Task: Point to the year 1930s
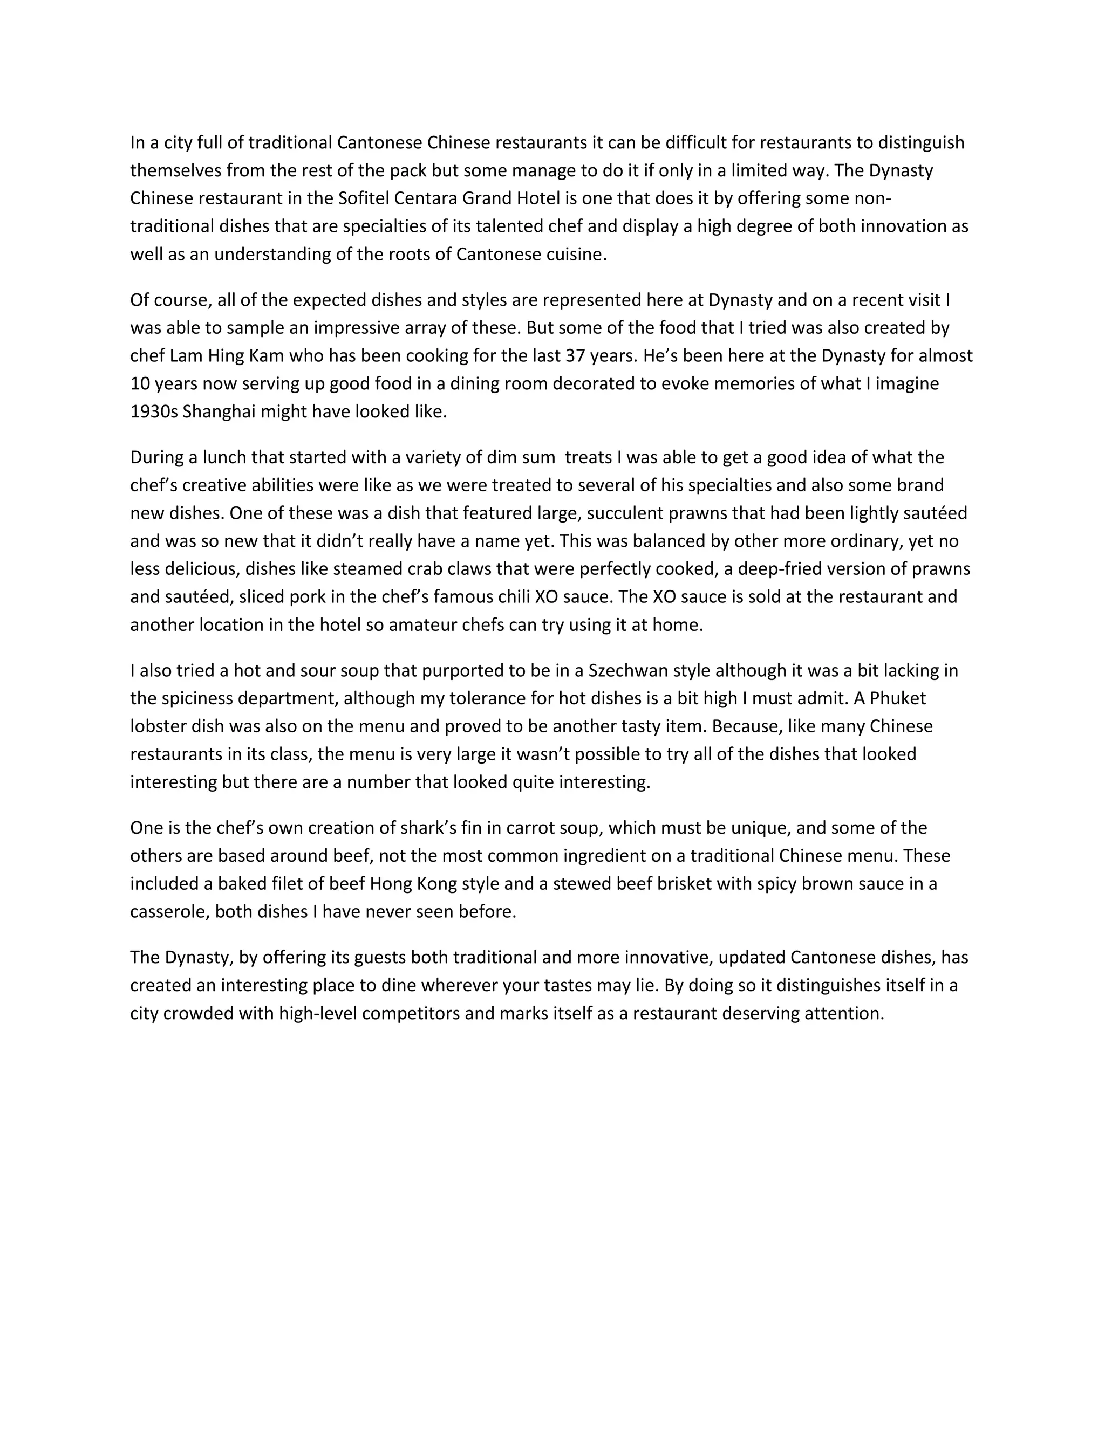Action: [154, 411]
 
